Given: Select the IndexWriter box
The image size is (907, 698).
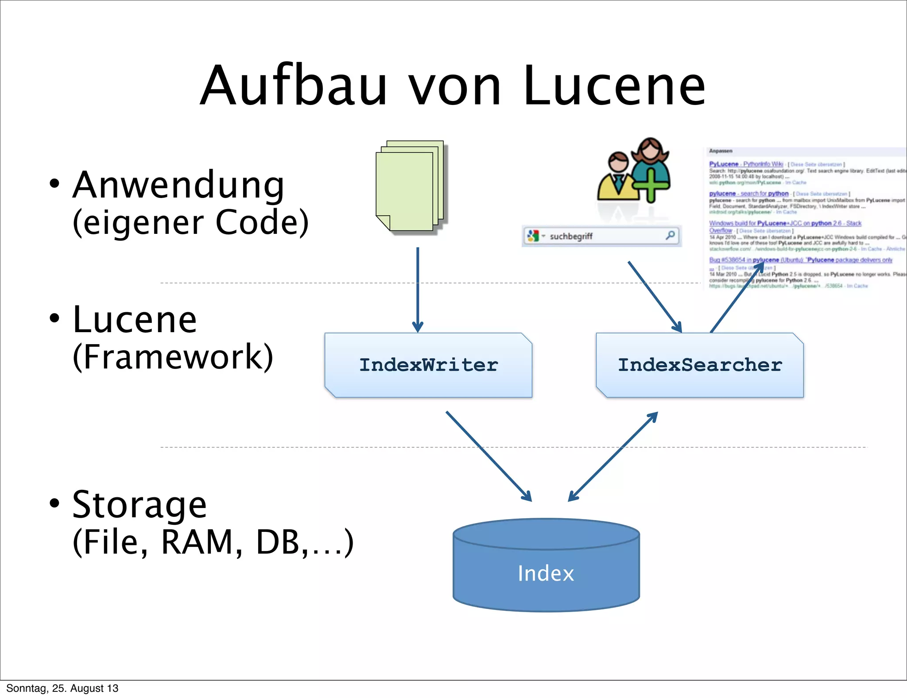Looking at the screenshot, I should [x=428, y=365].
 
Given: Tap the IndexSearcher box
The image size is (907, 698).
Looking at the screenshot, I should [x=700, y=365].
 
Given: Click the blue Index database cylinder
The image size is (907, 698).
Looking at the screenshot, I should [x=546, y=571].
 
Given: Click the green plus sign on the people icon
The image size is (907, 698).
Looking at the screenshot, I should [x=650, y=185].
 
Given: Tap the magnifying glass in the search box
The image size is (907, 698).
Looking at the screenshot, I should [x=671, y=235].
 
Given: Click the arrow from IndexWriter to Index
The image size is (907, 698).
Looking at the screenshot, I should [x=488, y=456].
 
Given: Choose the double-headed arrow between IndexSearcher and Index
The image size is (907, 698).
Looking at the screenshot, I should [x=613, y=457].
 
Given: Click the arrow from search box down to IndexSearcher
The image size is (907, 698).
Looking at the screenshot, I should [x=655, y=296].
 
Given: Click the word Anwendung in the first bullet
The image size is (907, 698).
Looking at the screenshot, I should [x=178, y=185].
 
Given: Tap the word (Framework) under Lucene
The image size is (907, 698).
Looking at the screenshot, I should [x=173, y=357].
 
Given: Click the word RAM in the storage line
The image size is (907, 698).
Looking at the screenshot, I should [x=202, y=542].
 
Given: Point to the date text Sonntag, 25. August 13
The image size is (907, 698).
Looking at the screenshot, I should [x=62, y=688].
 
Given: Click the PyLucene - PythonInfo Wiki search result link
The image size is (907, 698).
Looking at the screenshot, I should [x=746, y=164].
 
